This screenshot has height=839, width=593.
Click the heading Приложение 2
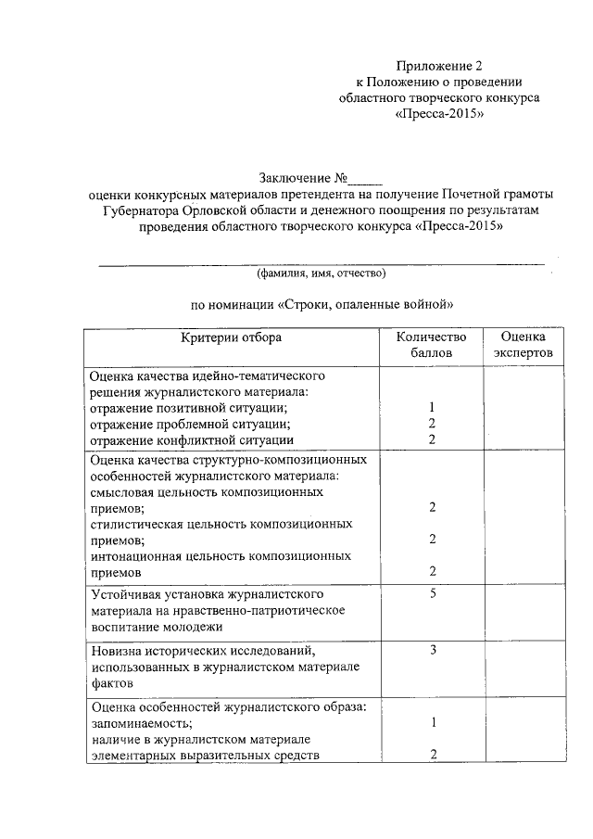point(440,66)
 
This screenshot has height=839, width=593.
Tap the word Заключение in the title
point(293,178)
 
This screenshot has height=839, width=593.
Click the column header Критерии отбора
point(231,338)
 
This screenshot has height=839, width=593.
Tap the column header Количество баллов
point(432,345)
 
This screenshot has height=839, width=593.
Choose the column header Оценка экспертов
point(523,345)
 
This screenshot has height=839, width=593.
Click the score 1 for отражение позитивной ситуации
point(433,408)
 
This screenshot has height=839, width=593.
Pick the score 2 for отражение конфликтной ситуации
point(433,439)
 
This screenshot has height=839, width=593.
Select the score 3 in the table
point(433,650)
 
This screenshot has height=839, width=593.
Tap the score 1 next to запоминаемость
point(433,723)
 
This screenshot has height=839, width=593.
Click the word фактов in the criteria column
point(113,682)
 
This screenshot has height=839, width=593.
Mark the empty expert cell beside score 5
point(523,609)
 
